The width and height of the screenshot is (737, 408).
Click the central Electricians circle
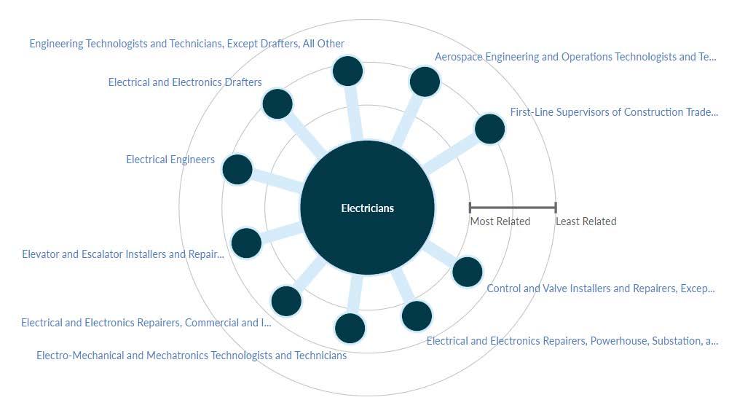tap(367, 208)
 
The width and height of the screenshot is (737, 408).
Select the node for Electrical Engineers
tap(237, 170)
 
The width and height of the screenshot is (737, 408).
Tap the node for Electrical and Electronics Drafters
tap(277, 104)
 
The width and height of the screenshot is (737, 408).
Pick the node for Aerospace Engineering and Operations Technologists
tap(425, 82)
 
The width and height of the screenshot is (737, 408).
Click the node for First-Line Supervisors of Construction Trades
tap(489, 130)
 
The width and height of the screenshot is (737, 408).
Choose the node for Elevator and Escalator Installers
tap(246, 243)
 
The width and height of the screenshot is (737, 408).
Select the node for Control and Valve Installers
tap(468, 272)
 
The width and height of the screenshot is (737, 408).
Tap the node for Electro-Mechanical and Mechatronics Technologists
tap(350, 329)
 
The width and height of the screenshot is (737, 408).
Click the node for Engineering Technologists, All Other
tap(347, 71)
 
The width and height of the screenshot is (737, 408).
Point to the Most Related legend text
tap(500, 221)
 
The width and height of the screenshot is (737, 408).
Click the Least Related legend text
tap(586, 221)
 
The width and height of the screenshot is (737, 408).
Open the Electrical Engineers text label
tap(170, 160)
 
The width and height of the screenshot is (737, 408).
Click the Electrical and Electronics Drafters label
tap(185, 82)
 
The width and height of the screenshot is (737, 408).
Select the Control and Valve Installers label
tap(601, 289)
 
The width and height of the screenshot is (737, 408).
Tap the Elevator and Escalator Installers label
tap(123, 254)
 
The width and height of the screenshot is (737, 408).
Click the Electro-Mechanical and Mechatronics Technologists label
tap(192, 356)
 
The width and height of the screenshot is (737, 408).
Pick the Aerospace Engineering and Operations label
tap(575, 57)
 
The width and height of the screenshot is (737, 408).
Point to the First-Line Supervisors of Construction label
tap(614, 112)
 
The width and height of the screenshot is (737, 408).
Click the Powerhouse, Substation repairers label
tap(572, 341)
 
